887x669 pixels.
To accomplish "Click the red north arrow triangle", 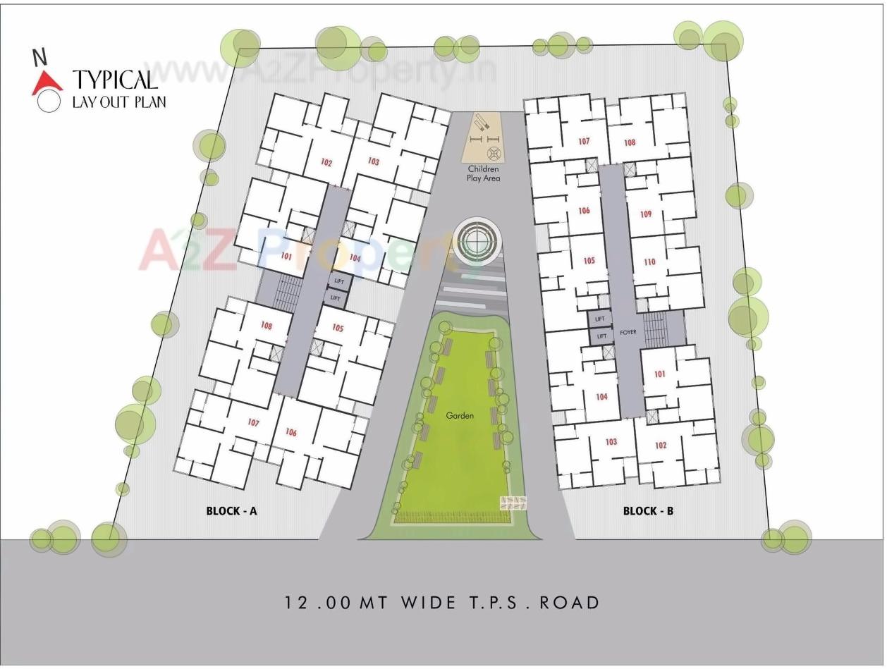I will pyautogui.click(x=47, y=83).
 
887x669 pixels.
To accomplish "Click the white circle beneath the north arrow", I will pyautogui.click(x=49, y=102).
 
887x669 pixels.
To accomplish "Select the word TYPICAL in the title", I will pyautogui.click(x=115, y=79).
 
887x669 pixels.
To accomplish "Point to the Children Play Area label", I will pyautogui.click(x=483, y=173).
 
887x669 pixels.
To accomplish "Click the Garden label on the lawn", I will pyautogui.click(x=460, y=415).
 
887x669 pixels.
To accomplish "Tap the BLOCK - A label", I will pyautogui.click(x=231, y=510).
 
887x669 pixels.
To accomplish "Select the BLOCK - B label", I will pyautogui.click(x=648, y=510).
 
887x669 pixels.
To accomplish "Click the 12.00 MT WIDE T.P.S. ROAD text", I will pyautogui.click(x=443, y=603).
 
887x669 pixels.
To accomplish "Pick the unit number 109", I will pyautogui.click(x=646, y=214).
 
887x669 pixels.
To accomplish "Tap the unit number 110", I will pyautogui.click(x=649, y=262).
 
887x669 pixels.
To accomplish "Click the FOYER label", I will pyautogui.click(x=628, y=331).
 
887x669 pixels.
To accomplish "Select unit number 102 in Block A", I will pyautogui.click(x=326, y=163).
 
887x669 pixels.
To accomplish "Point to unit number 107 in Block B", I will pyautogui.click(x=584, y=142).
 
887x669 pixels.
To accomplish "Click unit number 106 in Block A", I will pyautogui.click(x=291, y=432).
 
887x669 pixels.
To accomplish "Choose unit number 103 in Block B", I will pyautogui.click(x=611, y=442).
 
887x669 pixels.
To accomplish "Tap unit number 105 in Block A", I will pyautogui.click(x=338, y=329).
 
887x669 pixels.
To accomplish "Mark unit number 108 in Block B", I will pyautogui.click(x=630, y=142).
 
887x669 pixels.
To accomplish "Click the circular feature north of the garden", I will pyautogui.click(x=477, y=240).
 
